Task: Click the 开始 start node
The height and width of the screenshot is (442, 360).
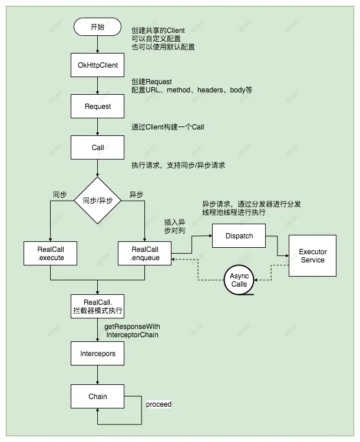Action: click(98, 26)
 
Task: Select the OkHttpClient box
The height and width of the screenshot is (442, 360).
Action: click(98, 65)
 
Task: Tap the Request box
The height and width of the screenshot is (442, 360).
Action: click(98, 107)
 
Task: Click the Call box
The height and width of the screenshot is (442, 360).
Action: click(98, 147)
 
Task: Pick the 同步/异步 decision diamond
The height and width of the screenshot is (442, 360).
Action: click(98, 201)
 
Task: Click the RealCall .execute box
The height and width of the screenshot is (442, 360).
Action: click(50, 254)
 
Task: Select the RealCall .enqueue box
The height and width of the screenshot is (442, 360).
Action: click(145, 254)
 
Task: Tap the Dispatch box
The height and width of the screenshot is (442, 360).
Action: click(239, 236)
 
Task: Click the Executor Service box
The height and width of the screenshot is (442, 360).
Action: click(313, 256)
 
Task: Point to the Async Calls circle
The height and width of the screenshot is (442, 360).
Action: click(239, 280)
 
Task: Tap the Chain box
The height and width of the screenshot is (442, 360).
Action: click(98, 396)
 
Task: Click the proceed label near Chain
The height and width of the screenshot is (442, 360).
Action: click(158, 405)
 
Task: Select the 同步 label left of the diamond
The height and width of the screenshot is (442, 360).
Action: click(60, 194)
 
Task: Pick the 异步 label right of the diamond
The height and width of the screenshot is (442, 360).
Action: click(136, 194)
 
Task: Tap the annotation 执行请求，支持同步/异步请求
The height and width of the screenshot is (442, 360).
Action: click(179, 165)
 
